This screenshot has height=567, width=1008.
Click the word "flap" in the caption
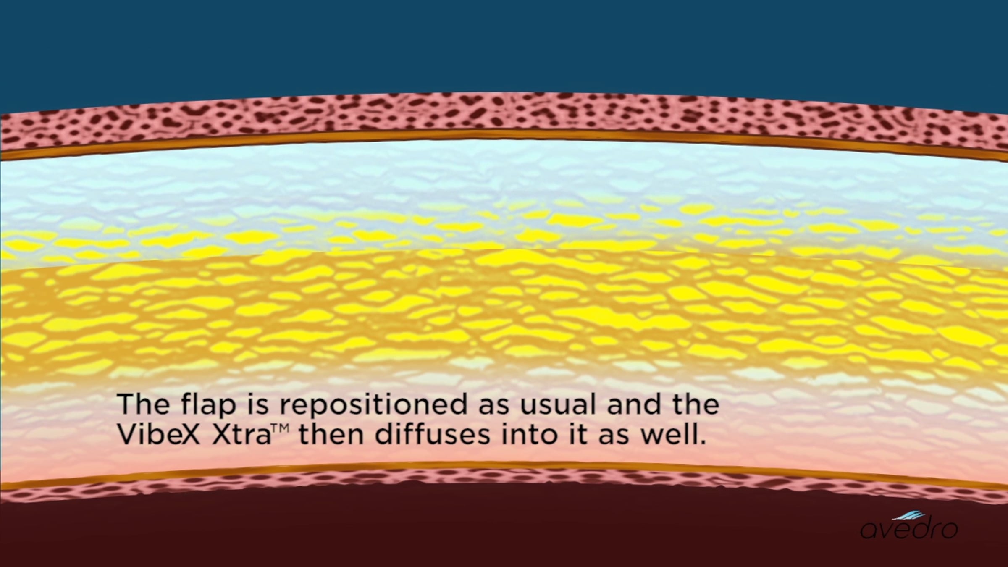(208, 404)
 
